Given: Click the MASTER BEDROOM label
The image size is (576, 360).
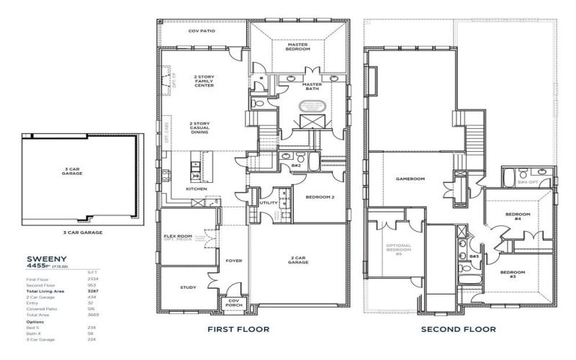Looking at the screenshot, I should tap(297, 46).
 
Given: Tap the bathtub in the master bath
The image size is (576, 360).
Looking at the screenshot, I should tap(312, 104).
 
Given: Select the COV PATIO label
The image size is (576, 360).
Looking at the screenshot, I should tap(202, 32).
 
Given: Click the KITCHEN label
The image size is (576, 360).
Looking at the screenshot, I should tap(197, 189).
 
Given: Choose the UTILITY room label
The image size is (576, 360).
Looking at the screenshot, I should tap(268, 203).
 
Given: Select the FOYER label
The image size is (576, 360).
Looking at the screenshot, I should tap(234, 261).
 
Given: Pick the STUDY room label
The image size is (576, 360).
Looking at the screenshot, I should tap(187, 288).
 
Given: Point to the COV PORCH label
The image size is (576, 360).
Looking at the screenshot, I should tap(234, 305).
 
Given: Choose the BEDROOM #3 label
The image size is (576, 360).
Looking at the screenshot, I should tap(513, 274).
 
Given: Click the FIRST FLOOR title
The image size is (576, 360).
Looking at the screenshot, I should tap(238, 329).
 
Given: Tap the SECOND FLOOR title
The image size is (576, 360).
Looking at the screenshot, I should tap(459, 329).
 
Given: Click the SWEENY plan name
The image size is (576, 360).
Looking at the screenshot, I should tap(48, 257).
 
